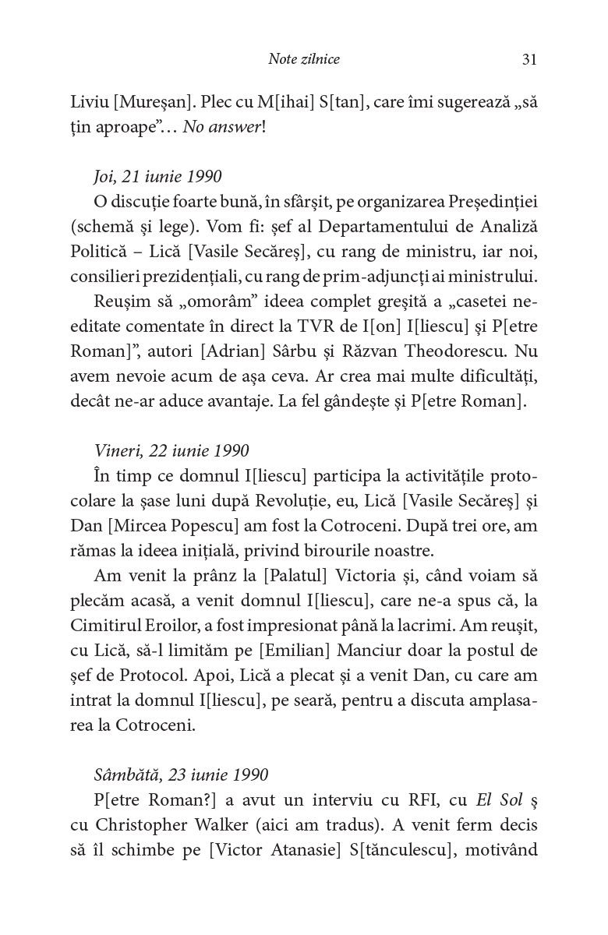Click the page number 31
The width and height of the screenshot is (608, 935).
click(x=529, y=59)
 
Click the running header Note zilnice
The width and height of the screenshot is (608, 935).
click(x=303, y=59)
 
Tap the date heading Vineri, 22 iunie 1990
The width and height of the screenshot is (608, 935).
click(x=171, y=451)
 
